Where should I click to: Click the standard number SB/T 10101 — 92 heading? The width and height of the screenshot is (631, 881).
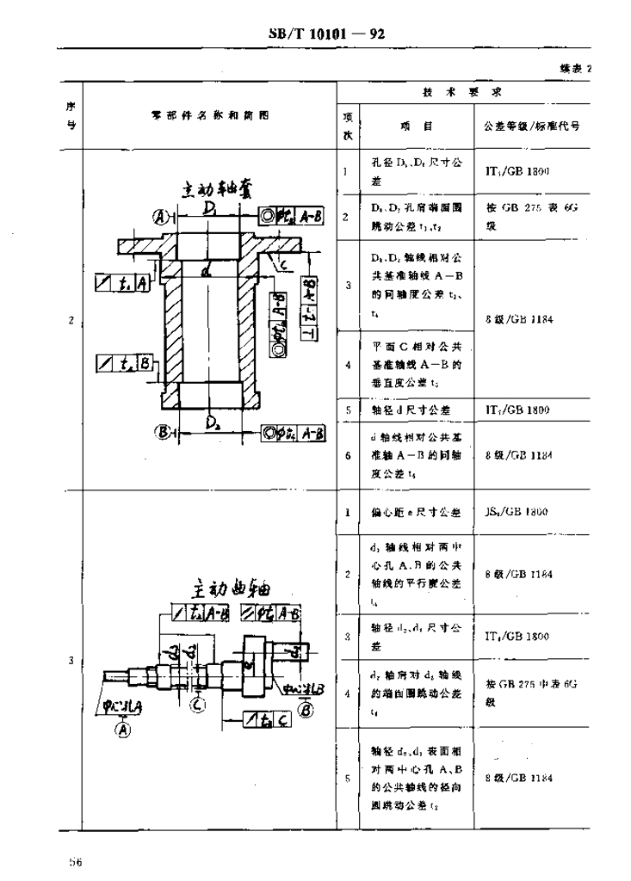pyautogui.click(x=325, y=34)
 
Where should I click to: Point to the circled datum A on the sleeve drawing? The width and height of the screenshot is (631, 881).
pyautogui.click(x=159, y=215)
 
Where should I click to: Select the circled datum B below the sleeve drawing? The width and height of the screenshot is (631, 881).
pyautogui.click(x=159, y=433)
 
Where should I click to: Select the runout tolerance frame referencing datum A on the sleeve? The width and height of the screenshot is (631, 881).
pyautogui.click(x=124, y=281)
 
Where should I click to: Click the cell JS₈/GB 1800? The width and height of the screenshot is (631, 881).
pyautogui.click(x=516, y=512)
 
